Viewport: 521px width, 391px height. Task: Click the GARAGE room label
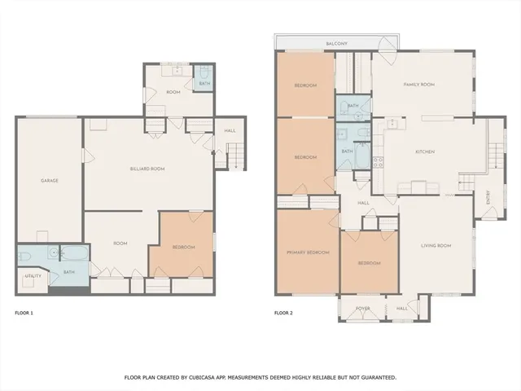point(49,180)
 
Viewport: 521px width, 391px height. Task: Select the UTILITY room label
point(33,276)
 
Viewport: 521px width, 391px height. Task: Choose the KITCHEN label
point(425,152)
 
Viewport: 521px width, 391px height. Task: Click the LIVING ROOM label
point(436,245)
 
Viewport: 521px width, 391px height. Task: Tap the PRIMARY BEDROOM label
point(308,253)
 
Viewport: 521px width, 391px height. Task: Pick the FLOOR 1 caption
point(24,313)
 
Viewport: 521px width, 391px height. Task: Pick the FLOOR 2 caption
point(282,313)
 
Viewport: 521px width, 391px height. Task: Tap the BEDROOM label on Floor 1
point(182,247)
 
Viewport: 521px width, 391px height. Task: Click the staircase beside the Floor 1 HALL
point(234,155)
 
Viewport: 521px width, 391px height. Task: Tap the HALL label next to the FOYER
point(401,309)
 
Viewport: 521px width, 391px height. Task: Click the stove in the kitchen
point(378,160)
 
